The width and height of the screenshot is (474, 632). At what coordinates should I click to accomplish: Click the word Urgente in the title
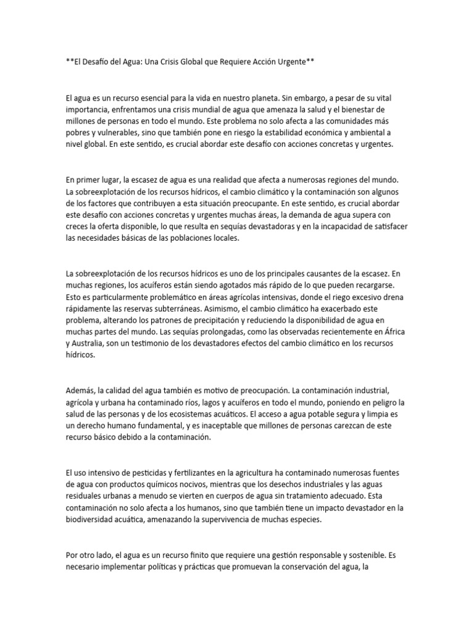(x=293, y=62)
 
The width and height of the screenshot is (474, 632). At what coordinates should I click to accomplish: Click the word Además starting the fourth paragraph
(x=81, y=390)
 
